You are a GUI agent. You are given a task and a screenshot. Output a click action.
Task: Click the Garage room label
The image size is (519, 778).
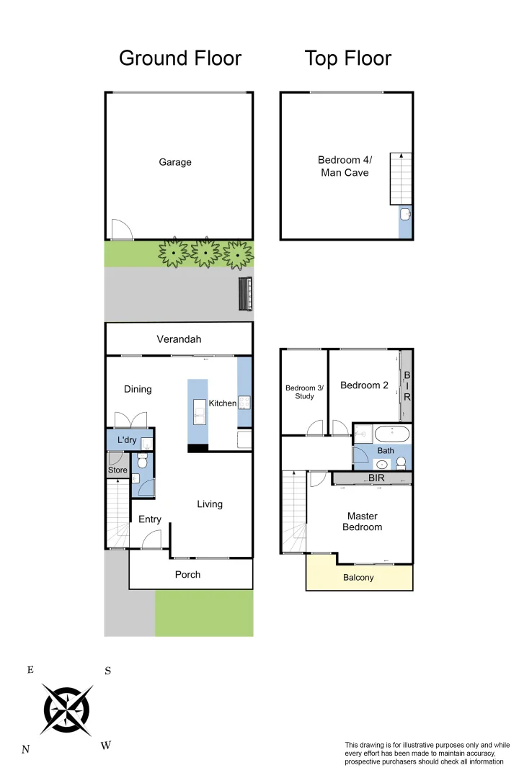[175, 162]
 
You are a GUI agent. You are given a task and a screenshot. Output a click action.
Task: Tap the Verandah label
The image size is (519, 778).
[179, 339]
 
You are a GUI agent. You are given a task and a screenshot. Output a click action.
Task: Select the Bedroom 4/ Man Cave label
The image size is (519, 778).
[343, 166]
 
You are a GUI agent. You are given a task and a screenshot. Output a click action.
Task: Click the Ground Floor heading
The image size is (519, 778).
[179, 58]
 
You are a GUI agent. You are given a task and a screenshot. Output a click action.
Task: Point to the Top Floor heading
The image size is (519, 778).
[347, 58]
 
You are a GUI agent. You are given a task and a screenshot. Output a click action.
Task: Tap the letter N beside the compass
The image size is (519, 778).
[26, 749]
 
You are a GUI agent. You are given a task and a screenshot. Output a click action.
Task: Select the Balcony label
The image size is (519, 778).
[358, 577]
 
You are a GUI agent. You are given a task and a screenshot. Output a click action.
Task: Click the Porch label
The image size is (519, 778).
[187, 574]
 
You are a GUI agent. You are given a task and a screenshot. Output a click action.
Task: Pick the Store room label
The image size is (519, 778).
[117, 470]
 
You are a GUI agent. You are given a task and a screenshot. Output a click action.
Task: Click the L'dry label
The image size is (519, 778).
[127, 440]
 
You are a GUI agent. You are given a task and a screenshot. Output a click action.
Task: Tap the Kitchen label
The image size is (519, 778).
[222, 403]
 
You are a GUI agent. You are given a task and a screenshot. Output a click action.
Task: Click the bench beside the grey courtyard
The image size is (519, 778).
[245, 294]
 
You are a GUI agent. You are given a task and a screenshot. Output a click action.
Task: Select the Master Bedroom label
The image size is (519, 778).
[362, 522]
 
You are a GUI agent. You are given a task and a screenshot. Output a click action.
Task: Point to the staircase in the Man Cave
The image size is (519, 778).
[401, 179]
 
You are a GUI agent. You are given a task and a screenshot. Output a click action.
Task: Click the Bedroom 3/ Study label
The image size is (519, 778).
[304, 392]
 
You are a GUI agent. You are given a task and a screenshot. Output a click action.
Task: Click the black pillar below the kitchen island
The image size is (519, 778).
[198, 448]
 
